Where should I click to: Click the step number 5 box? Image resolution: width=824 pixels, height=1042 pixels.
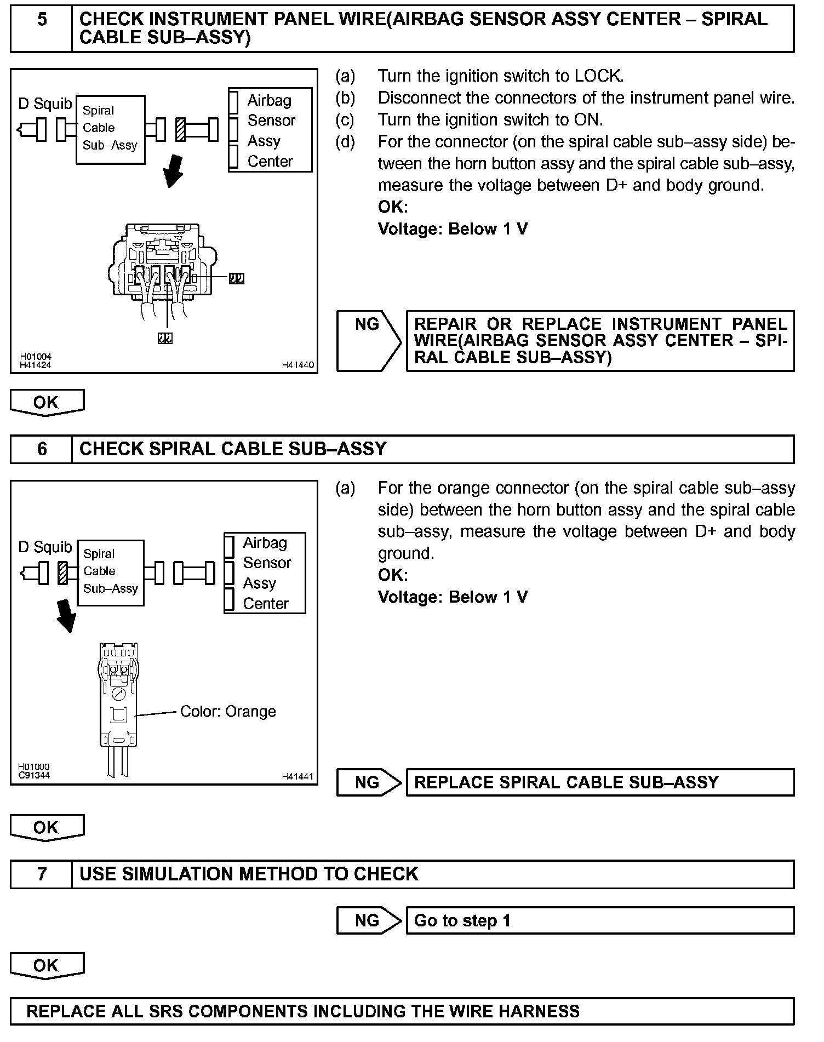coord(42,28)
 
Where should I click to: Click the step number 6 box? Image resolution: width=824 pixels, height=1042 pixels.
coord(42,449)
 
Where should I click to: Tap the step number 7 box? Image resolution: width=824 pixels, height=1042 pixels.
coord(42,874)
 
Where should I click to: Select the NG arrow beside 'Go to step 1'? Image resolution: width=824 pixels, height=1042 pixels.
coord(368,920)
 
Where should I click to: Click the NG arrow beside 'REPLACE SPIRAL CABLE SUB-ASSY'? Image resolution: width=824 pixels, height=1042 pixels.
coord(368,782)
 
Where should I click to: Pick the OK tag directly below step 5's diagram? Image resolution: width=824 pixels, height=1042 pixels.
coord(47,403)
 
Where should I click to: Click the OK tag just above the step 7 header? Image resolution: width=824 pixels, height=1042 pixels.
coord(47,827)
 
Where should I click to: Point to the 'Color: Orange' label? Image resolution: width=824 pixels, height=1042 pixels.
coord(228,712)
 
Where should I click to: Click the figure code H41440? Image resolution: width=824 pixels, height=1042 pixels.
coord(298,365)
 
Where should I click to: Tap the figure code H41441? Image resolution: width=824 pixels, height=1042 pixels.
coord(298,776)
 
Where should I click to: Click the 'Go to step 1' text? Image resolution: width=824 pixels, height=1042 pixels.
coord(462,920)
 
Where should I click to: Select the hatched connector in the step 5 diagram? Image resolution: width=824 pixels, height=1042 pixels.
coord(180,130)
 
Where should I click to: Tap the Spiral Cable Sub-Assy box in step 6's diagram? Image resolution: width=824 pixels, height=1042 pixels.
coord(110,572)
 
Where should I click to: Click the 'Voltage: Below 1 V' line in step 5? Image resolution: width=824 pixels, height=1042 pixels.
coord(453,229)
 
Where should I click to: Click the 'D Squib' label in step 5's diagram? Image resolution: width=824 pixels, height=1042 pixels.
coord(45,104)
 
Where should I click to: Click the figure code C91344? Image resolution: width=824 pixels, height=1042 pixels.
coord(34,775)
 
